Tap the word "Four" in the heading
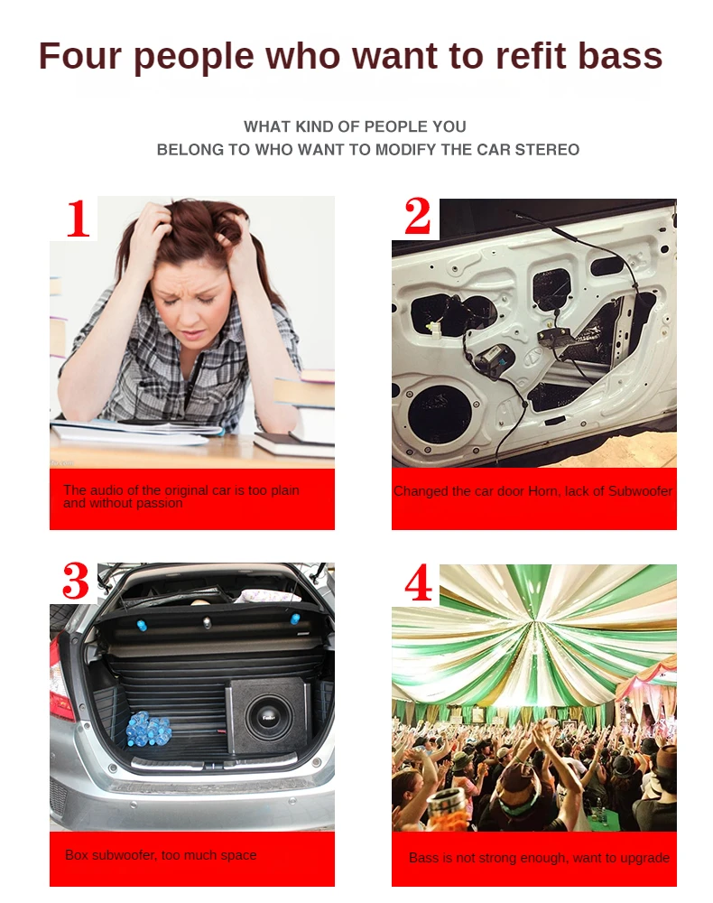80,56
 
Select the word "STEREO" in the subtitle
547,149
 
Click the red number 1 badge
79,219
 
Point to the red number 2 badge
417,218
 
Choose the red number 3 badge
77,582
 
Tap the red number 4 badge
418,583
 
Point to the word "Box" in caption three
77,854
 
